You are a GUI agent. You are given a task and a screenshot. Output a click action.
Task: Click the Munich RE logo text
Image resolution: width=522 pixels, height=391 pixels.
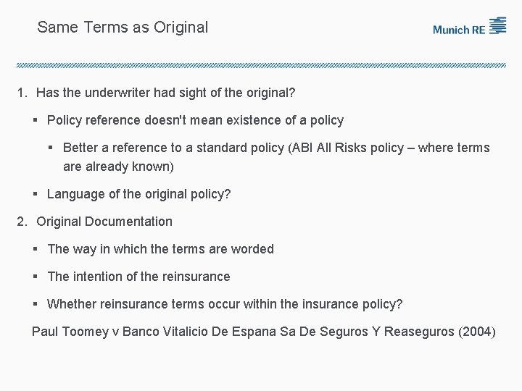pos(460,30)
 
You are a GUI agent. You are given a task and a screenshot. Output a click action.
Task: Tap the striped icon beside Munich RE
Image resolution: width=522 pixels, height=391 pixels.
pos(497,25)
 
